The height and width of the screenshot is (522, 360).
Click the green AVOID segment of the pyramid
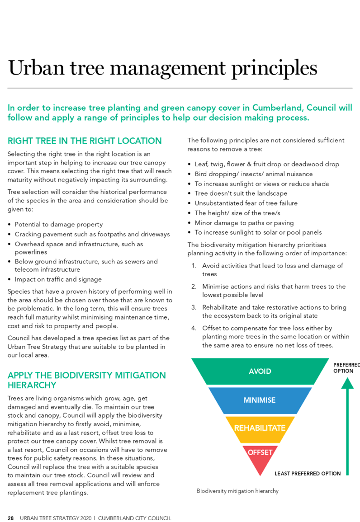click(x=260, y=371)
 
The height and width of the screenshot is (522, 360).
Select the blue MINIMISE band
click(x=260, y=400)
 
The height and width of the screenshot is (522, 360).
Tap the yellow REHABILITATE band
click(x=260, y=428)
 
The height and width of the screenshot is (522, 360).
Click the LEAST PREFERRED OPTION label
click(x=308, y=473)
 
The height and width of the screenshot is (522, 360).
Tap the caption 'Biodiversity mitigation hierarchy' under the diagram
click(x=237, y=491)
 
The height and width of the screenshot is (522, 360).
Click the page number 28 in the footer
click(x=11, y=518)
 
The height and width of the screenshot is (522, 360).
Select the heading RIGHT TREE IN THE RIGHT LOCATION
click(x=85, y=141)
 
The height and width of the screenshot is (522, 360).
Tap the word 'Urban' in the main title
click(x=36, y=68)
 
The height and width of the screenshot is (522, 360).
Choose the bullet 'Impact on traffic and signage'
click(x=58, y=279)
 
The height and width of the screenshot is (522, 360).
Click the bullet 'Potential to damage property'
click(x=59, y=224)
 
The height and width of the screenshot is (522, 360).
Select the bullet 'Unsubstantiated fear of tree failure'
click(x=246, y=203)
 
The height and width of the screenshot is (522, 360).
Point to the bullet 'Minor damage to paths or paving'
click(x=244, y=223)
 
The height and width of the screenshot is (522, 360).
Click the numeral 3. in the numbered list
click(x=194, y=307)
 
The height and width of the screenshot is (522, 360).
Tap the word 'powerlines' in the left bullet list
click(x=31, y=252)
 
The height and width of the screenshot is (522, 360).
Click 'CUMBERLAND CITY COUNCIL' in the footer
click(x=134, y=518)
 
